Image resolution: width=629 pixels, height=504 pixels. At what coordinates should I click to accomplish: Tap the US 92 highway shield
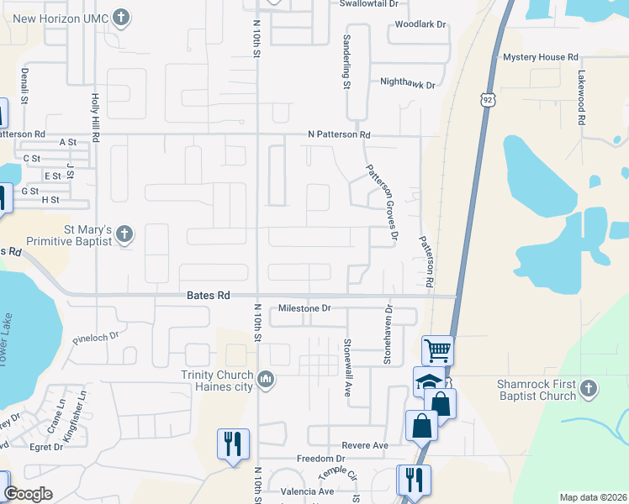coord(488,100)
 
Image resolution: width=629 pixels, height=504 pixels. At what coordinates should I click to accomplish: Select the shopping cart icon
coord(437,349)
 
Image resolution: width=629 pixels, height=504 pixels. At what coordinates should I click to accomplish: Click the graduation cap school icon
coord(429,381)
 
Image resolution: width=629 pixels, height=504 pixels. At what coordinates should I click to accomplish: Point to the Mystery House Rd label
coord(541,57)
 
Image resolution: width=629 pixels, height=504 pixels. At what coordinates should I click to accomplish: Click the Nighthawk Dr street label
coord(408,85)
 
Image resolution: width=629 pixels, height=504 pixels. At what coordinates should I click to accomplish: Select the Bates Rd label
coord(207,297)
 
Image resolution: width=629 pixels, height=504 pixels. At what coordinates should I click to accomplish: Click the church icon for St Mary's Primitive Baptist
coord(125,234)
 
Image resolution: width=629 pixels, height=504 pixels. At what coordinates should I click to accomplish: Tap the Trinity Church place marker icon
coord(267,381)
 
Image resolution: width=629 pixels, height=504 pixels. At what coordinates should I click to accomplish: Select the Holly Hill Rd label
coord(96,118)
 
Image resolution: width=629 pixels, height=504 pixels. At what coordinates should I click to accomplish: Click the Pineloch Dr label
coord(97,339)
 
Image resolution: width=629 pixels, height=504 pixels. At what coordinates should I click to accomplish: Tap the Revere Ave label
coord(364,445)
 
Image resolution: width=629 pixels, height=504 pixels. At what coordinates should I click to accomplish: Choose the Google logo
coord(28,494)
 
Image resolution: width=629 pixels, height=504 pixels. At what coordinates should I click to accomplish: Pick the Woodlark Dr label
coord(421,24)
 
